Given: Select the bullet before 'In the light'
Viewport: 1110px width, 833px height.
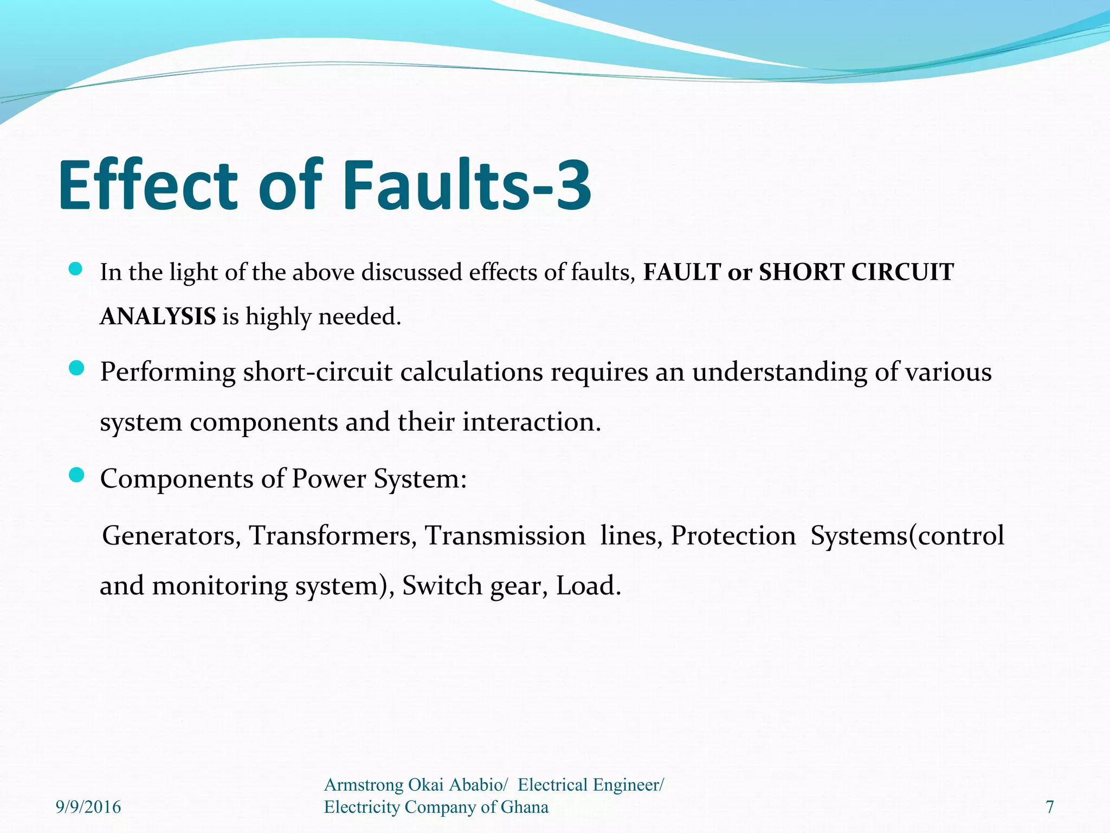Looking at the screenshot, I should pos(76,269).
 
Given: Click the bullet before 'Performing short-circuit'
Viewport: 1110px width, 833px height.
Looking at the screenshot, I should pos(76,369).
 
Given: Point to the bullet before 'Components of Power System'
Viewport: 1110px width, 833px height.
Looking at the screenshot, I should pos(76,476).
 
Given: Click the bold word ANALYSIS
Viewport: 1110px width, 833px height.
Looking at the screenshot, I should pos(158,316).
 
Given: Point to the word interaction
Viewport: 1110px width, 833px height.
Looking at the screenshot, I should pos(531,422).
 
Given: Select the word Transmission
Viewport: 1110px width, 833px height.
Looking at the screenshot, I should pos(505,536).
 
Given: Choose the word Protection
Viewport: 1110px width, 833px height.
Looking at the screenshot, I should pos(733,536).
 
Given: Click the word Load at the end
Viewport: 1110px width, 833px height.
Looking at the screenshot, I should pos(588,586).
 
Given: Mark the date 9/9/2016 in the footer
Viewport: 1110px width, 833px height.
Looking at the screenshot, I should pos(88,807).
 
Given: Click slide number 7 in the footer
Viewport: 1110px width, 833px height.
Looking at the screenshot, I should pos(1050,807).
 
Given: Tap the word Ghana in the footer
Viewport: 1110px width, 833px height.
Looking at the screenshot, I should pos(524,807).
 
